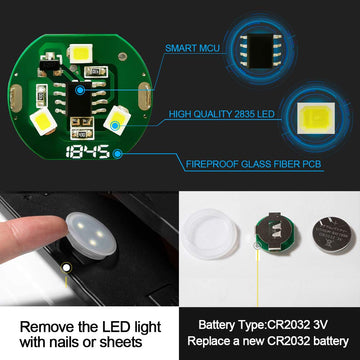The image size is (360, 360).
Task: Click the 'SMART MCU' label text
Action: (x=192, y=48)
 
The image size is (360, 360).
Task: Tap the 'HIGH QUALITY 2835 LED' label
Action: (x=222, y=114)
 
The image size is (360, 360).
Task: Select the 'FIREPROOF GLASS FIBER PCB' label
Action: (x=253, y=164)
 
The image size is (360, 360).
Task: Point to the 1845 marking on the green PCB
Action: (x=88, y=152)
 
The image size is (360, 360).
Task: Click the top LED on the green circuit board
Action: (x=81, y=53)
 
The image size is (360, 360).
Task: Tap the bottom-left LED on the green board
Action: (x=43, y=121)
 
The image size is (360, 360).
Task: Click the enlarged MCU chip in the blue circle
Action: (x=261, y=52)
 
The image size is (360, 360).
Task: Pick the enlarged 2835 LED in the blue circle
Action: (x=316, y=118)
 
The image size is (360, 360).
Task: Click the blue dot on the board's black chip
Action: (x=79, y=90)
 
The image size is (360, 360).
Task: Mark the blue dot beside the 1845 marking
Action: (x=117, y=154)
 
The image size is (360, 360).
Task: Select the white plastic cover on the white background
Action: (x=209, y=234)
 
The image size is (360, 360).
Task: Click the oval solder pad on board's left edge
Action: (x=16, y=98)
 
